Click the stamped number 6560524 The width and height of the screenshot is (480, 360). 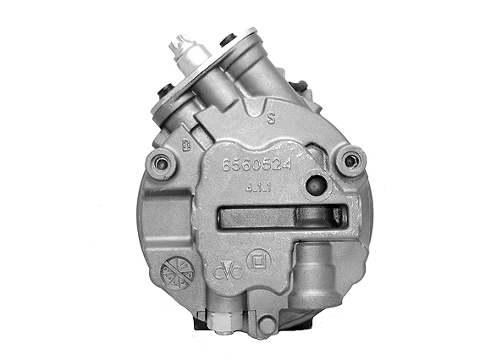[x=256, y=166]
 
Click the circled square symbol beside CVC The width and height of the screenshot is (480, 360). [x=255, y=258]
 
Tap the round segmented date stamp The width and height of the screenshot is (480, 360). [x=177, y=272]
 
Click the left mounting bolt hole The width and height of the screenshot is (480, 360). [x=158, y=163]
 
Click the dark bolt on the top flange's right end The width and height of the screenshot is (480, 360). [x=227, y=40]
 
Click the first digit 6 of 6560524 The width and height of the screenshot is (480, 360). [x=225, y=166]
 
